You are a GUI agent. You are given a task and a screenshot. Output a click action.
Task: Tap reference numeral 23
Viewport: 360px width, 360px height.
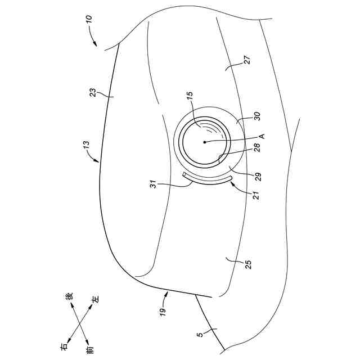[x=94, y=94]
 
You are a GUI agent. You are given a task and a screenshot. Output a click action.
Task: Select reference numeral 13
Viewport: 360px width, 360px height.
[x=85, y=148]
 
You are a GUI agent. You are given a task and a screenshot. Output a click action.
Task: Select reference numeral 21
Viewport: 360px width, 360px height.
[x=250, y=194]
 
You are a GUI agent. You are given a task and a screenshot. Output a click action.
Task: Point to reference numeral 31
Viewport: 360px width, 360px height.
[x=152, y=183]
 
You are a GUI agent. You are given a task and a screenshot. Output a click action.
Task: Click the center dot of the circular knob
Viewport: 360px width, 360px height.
[x=205, y=142]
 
